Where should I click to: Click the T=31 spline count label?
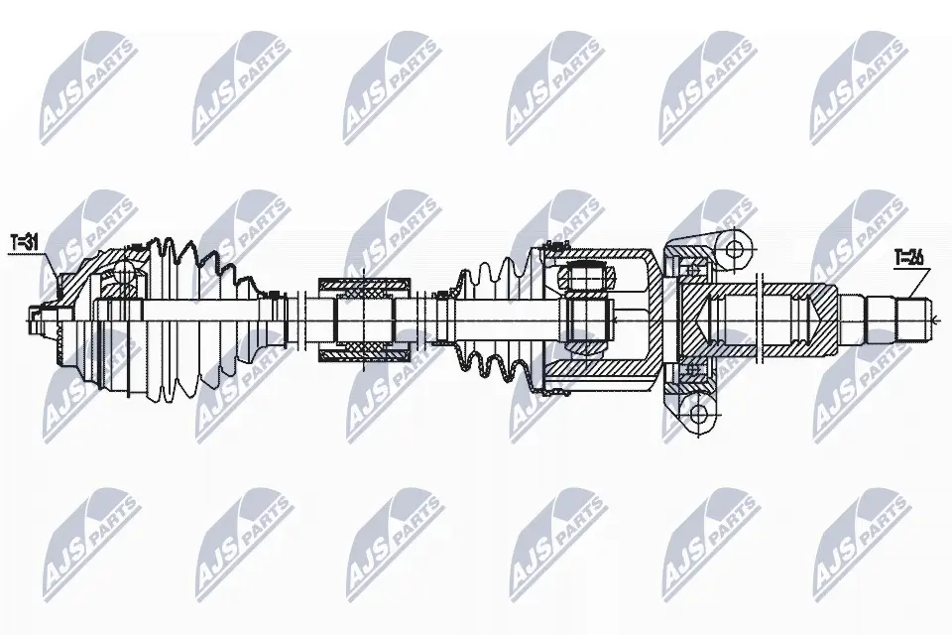point(24,242)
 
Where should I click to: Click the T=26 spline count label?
point(909,258)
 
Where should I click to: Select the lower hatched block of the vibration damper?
point(365,351)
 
